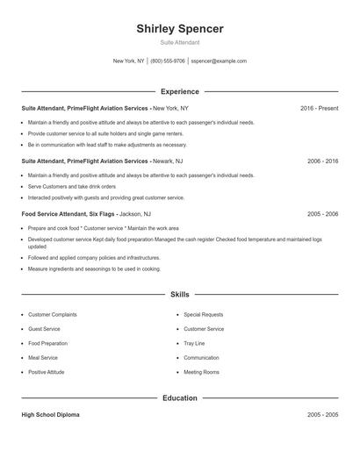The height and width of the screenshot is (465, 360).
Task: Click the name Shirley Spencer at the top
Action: tap(180, 29)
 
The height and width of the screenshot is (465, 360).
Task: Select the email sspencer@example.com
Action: tap(219, 61)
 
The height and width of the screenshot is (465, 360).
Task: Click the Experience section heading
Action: tap(180, 91)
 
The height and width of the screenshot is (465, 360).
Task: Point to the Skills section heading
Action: tap(180, 296)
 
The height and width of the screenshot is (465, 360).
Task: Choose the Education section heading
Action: tap(180, 398)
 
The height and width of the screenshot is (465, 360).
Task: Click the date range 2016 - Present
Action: tap(319, 108)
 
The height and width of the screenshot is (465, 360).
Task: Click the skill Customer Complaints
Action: tap(53, 314)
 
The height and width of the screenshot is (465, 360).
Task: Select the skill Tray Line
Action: tap(194, 343)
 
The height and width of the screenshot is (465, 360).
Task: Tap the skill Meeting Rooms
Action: tap(201, 372)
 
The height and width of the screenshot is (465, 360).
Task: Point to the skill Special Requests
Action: tap(204, 314)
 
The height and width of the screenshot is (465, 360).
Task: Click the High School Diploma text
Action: tap(50, 415)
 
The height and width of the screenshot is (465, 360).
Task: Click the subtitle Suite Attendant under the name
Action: tap(180, 42)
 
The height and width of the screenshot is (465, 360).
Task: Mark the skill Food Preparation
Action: tap(48, 343)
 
